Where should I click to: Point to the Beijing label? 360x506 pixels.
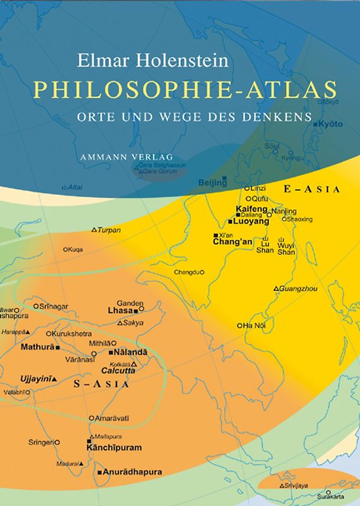click(212, 183)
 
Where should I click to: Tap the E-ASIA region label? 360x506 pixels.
click(313, 189)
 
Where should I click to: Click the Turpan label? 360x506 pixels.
click(108, 230)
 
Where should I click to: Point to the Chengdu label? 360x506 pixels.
click(187, 272)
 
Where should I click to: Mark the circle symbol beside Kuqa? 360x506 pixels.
click(65, 249)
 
